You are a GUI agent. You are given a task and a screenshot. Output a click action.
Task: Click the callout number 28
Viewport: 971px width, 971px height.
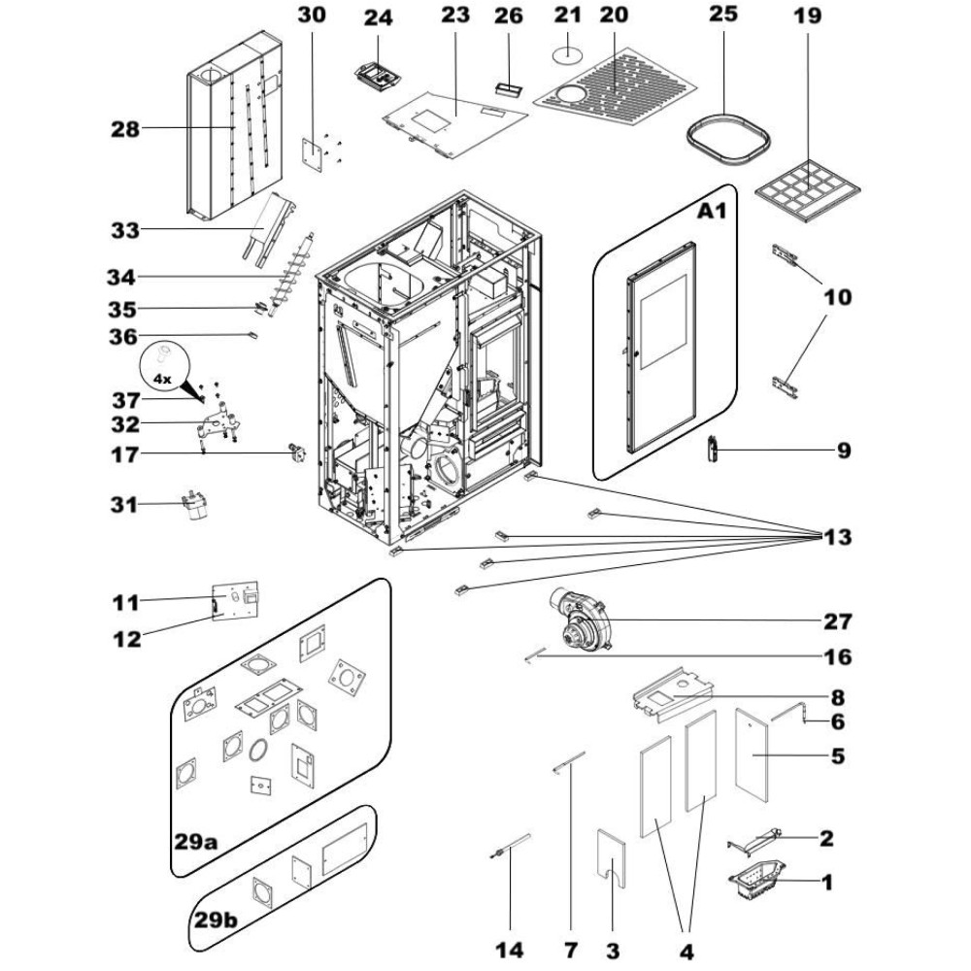click(x=125, y=129)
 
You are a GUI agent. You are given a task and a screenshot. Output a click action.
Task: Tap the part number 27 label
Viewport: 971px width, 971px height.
click(x=837, y=621)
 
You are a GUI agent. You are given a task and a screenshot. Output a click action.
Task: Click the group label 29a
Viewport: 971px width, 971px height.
click(x=196, y=842)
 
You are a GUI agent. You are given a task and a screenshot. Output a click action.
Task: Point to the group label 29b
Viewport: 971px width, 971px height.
click(x=216, y=921)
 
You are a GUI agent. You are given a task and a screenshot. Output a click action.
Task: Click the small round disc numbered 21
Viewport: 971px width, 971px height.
click(x=567, y=53)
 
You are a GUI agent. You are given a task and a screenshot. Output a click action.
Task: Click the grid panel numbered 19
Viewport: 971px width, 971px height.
click(x=808, y=190)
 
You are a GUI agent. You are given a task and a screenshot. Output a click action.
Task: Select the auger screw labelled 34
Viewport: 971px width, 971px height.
click(x=289, y=275)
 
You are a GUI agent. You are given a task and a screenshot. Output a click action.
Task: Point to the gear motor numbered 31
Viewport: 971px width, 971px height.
click(x=193, y=503)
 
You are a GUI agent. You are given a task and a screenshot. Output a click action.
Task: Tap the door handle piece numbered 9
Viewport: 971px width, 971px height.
click(x=713, y=449)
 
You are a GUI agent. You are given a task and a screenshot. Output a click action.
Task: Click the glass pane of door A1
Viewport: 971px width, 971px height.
click(x=663, y=322)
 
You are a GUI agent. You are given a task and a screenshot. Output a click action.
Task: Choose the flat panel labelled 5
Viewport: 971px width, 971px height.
click(x=752, y=752)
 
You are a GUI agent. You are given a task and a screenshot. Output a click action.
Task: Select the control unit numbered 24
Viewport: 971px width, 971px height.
click(x=378, y=77)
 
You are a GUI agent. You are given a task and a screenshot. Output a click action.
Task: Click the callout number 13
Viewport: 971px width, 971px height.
click(x=837, y=537)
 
